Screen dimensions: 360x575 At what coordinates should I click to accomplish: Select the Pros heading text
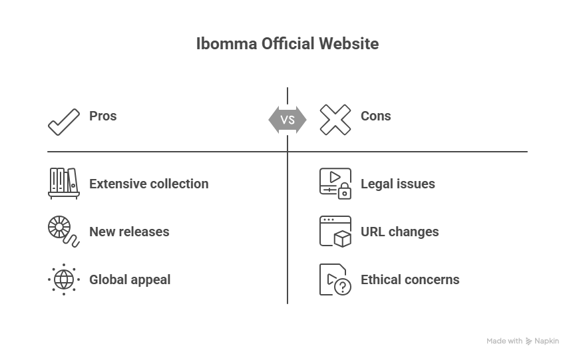(x=102, y=116)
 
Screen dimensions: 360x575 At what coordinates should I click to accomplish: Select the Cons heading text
(x=375, y=116)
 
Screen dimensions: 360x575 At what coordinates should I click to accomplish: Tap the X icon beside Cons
(x=335, y=120)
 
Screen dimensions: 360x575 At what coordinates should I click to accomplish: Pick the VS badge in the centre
(x=287, y=120)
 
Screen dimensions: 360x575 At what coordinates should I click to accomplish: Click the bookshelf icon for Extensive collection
(x=64, y=183)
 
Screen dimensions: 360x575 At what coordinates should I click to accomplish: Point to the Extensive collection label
(x=148, y=184)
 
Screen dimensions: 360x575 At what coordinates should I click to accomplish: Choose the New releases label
(x=129, y=232)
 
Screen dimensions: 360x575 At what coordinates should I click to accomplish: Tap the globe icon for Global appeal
(x=64, y=279)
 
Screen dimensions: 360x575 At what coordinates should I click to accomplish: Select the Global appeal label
(x=130, y=279)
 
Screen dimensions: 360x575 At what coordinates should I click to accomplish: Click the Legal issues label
(x=397, y=184)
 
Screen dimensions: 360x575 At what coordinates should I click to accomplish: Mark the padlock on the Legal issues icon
(x=344, y=193)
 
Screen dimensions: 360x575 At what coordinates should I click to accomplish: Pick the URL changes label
(x=399, y=232)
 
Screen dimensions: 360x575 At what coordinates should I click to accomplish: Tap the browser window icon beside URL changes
(x=335, y=231)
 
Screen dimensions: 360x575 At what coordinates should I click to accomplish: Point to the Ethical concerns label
(x=410, y=279)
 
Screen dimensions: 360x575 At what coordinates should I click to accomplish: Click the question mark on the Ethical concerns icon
(x=343, y=287)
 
